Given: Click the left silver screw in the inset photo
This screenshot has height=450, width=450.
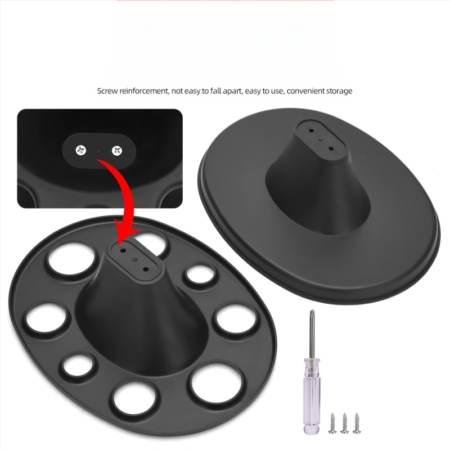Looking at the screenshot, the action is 80,150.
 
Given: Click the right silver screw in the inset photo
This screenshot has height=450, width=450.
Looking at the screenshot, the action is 117,150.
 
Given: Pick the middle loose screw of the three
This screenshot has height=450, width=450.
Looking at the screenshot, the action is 344,423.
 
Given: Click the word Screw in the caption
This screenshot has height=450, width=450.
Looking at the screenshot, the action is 107,91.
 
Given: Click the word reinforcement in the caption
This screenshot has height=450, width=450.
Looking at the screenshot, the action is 144,91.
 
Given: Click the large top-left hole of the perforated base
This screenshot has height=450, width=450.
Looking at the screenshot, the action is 71,258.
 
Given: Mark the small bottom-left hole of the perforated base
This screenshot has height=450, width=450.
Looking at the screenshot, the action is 78,364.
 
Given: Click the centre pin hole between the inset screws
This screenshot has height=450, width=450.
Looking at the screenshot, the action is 99,150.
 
